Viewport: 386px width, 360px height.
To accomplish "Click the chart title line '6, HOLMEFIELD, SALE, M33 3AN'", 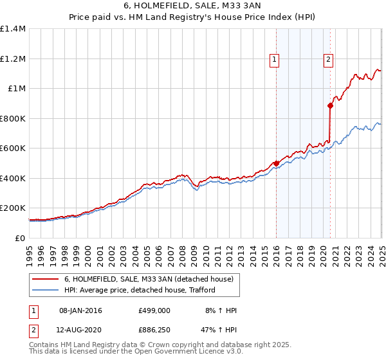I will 192,7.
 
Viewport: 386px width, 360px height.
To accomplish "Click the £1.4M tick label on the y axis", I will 14,29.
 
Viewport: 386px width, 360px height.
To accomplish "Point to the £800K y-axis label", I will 12,118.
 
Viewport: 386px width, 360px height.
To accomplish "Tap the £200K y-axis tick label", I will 12,208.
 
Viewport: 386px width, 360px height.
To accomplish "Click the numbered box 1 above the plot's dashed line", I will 275,60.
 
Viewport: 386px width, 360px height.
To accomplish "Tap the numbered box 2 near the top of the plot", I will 328,60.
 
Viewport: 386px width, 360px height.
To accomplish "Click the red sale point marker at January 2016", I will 276,163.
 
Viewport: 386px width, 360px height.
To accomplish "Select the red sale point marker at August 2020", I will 330,105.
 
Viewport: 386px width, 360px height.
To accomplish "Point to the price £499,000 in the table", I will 154,310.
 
